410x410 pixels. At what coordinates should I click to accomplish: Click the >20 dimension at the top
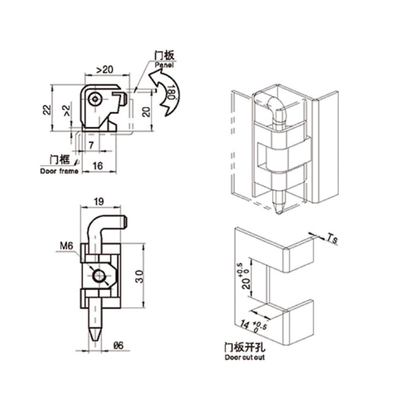104,69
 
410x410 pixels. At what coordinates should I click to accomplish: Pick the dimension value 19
99,202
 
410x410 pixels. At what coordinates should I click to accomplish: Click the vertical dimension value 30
140,276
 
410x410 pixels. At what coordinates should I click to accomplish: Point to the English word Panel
163,64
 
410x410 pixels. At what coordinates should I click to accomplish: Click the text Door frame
59,171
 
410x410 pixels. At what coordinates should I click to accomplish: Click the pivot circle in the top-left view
96,100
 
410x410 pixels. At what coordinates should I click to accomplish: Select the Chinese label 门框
59,160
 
